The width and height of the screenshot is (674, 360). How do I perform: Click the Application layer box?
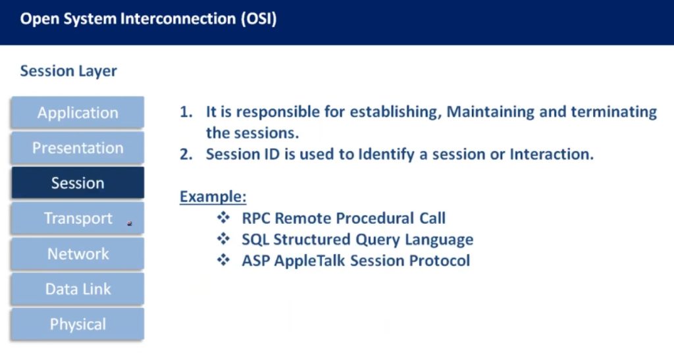(78, 113)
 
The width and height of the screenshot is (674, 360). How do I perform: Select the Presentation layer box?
(78, 148)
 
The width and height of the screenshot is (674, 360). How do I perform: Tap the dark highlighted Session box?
(78, 183)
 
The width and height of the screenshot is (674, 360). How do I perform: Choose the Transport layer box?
(78, 219)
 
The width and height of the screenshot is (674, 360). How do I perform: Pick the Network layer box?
(78, 253)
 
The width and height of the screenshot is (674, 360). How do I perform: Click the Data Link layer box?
(78, 289)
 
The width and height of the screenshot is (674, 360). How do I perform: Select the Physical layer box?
(78, 324)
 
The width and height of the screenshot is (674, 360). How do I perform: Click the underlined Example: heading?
(213, 197)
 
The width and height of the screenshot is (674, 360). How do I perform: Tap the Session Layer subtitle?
(68, 71)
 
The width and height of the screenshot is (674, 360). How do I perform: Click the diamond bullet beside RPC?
(224, 217)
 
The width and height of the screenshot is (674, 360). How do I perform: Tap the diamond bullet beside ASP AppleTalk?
(224, 259)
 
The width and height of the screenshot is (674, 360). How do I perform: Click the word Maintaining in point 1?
(490, 112)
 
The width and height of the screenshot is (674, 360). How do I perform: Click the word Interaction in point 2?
(552, 154)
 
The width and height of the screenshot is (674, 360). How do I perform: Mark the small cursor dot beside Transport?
(130, 223)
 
